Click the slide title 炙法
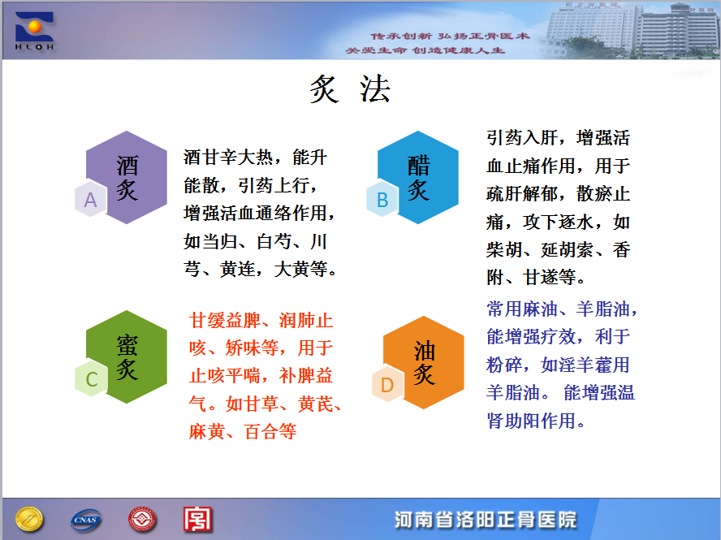click(350, 89)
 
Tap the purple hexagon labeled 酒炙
click(127, 177)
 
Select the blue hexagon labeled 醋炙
click(418, 177)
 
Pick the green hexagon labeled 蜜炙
click(127, 356)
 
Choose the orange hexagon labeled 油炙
click(424, 362)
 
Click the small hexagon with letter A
click(91, 199)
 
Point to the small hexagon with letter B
click(382, 199)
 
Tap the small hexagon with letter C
click(91, 378)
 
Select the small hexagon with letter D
click(387, 384)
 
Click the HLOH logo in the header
click(34, 31)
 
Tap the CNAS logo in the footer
click(85, 520)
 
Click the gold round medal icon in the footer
click(29, 520)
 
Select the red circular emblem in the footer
click(142, 520)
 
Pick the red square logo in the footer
click(198, 520)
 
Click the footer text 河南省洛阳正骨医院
click(485, 520)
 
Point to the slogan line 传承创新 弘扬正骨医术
click(451, 36)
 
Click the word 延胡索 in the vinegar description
click(568, 250)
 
